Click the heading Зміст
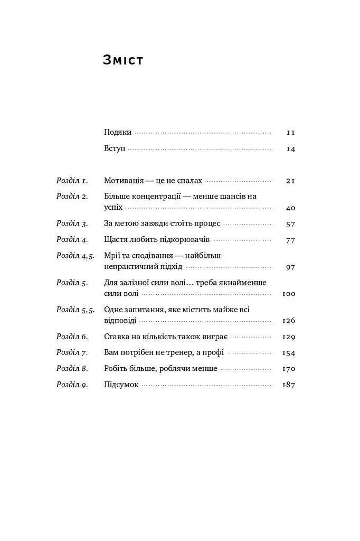123,60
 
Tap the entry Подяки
117,132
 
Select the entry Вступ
115,148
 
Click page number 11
290,132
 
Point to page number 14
290,149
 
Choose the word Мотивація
125,181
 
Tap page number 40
290,208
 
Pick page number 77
290,240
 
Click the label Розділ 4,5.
75,256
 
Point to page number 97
290,267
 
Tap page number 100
288,294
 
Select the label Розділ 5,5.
75,310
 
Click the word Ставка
117,337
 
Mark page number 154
288,353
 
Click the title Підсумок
121,385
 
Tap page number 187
288,385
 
